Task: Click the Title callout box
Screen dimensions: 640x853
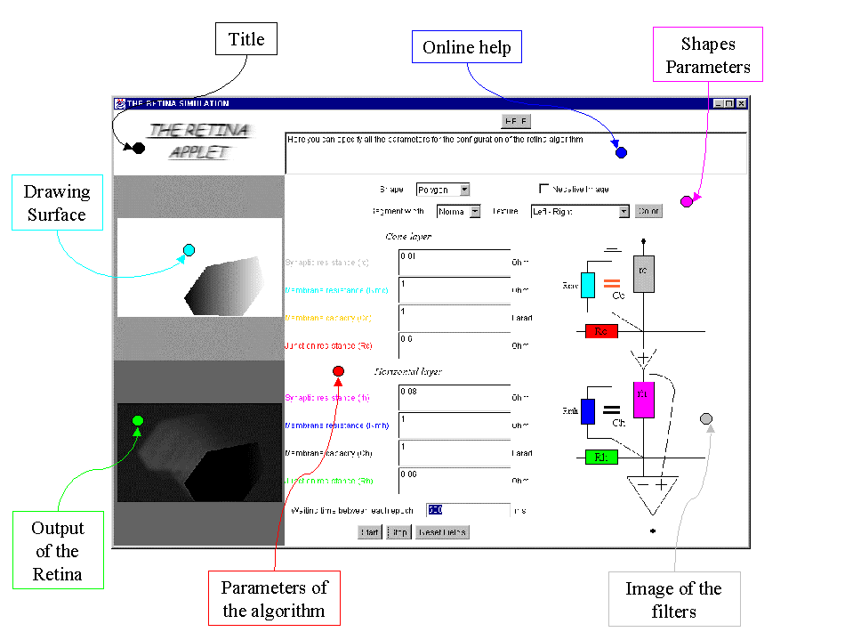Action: tap(246, 39)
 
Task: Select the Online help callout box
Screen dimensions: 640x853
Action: tap(467, 47)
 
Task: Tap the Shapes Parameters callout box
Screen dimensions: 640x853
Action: tap(708, 55)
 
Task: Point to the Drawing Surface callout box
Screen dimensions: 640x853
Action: tap(57, 203)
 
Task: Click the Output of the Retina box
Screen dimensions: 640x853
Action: tap(58, 551)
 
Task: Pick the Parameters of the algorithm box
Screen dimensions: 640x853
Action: tap(274, 599)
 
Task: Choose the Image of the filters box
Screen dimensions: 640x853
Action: tap(673, 600)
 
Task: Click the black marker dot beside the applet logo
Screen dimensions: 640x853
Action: tap(139, 148)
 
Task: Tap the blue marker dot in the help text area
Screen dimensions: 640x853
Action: tap(621, 152)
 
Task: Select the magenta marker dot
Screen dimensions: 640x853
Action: tap(686, 201)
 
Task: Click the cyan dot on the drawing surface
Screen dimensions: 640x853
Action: tap(189, 250)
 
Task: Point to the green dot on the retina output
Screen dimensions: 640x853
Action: tap(138, 420)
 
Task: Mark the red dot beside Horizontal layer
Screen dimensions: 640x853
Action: tap(338, 371)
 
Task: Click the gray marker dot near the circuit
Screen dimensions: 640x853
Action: tap(706, 418)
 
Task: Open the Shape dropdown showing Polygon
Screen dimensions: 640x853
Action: tap(443, 190)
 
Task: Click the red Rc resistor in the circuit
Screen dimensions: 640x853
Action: tap(601, 332)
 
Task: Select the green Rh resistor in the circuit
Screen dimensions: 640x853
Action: tap(601, 458)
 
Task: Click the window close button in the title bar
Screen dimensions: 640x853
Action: tap(741, 103)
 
